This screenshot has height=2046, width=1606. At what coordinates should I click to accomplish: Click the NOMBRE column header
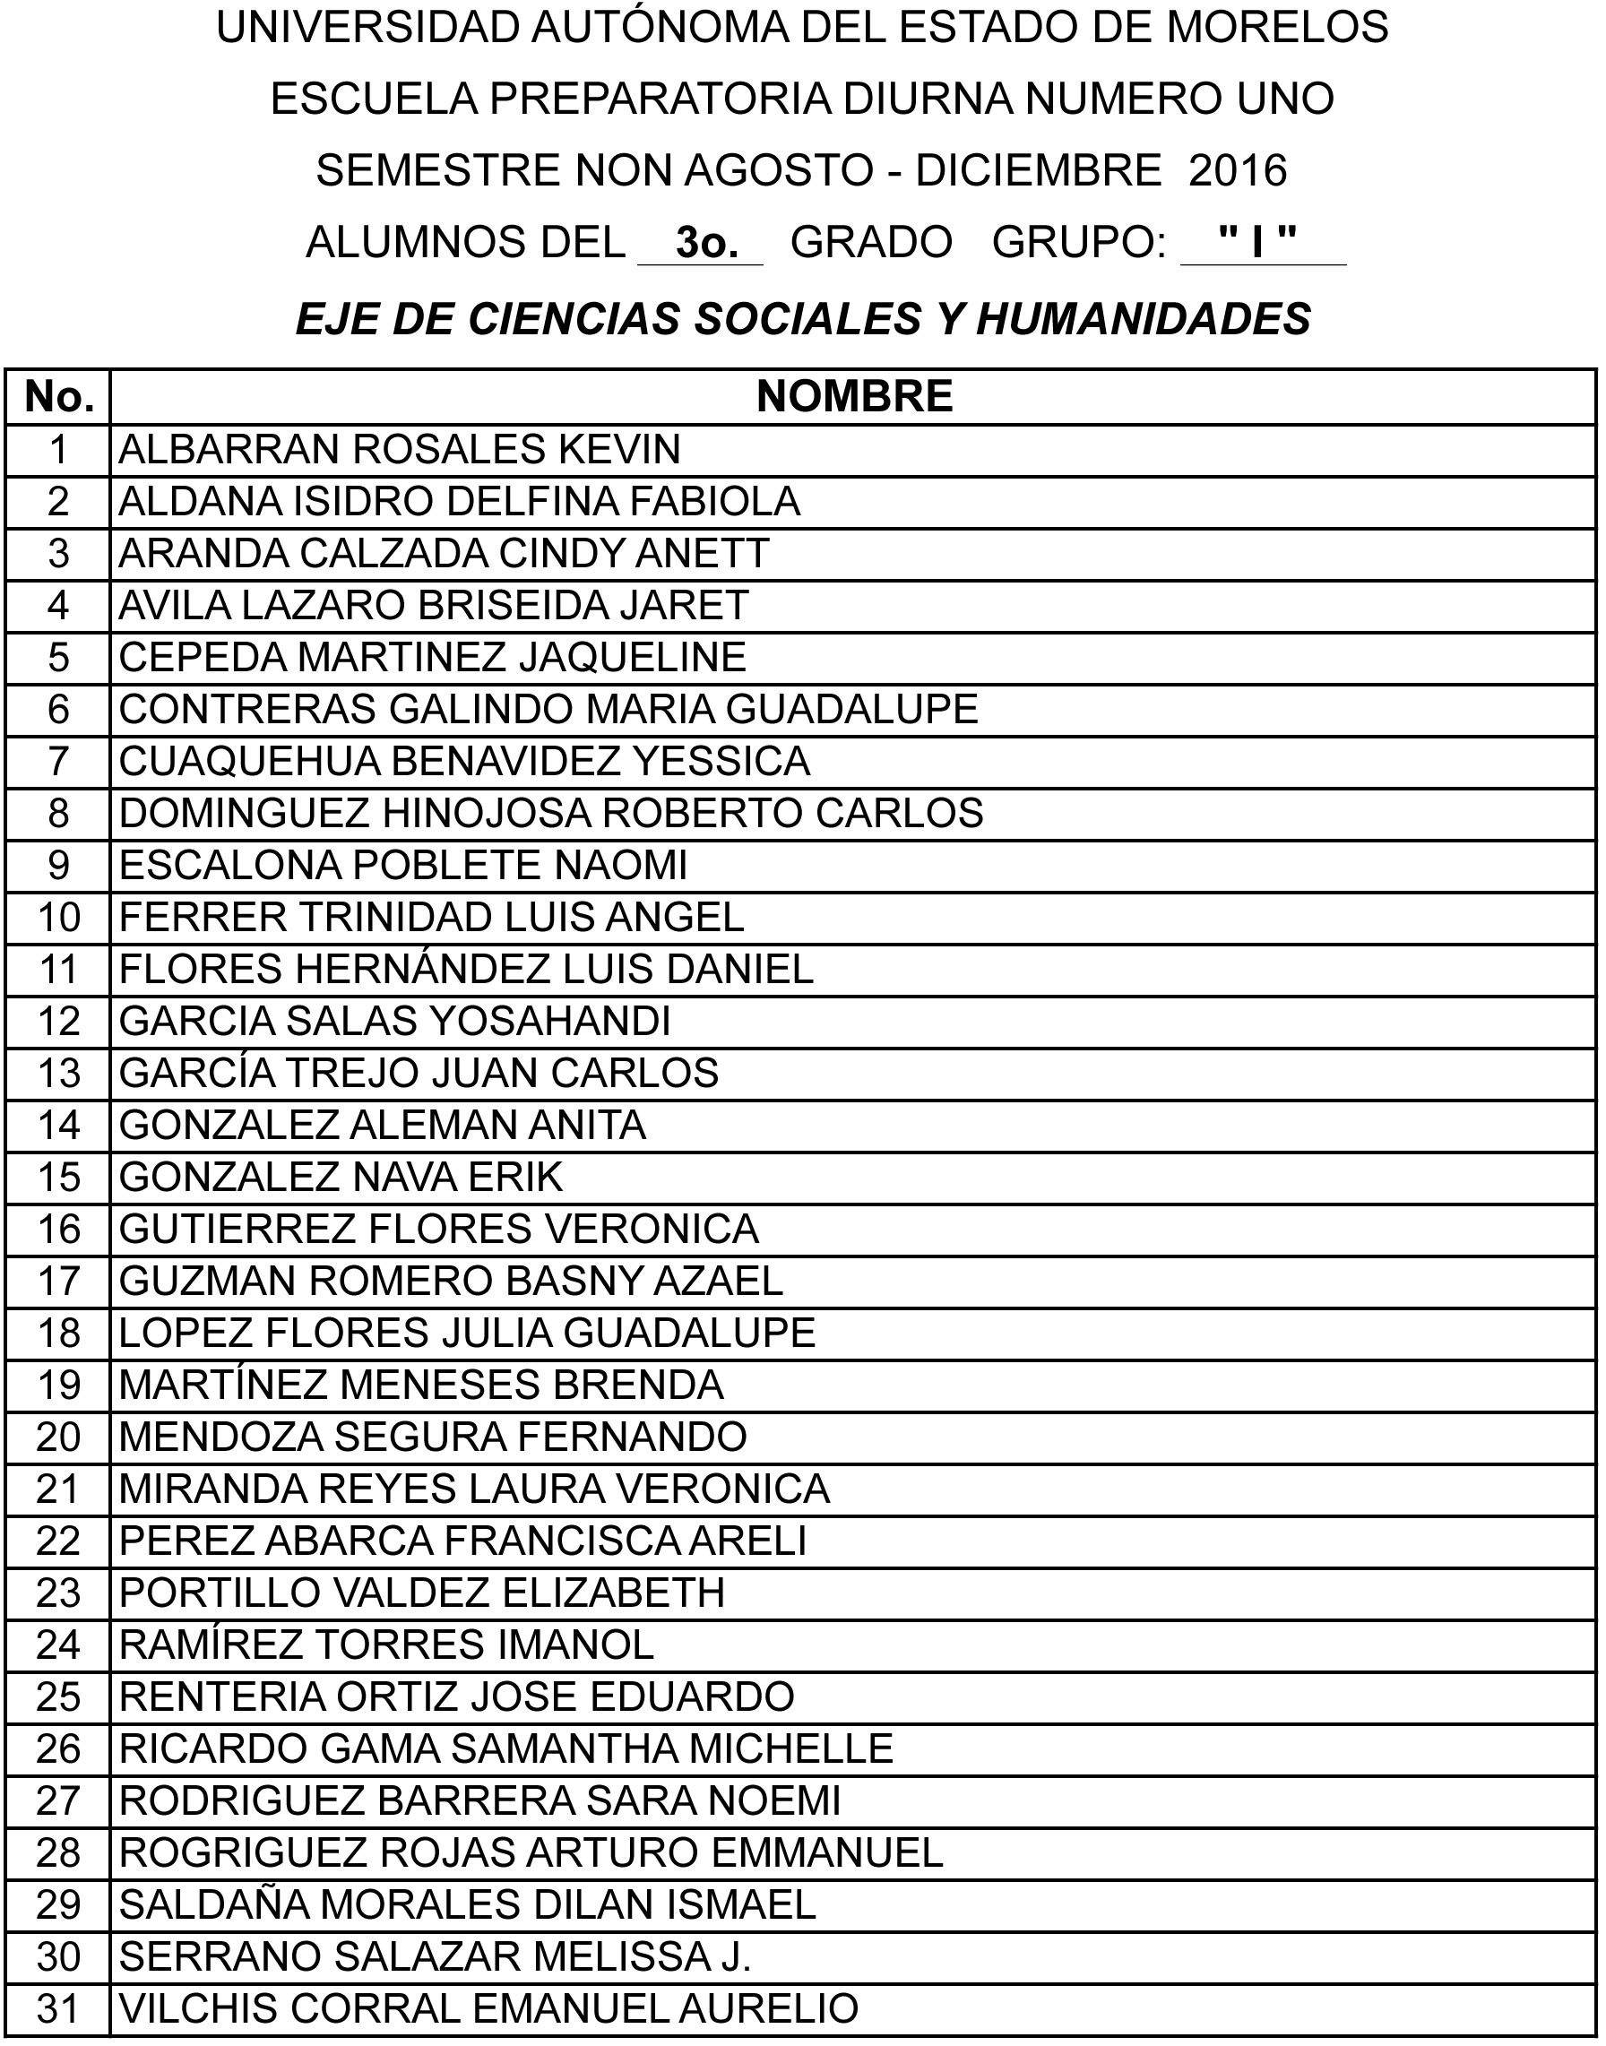point(854,397)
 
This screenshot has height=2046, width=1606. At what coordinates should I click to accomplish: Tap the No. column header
point(58,397)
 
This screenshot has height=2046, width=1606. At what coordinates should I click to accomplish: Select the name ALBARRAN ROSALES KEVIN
point(400,450)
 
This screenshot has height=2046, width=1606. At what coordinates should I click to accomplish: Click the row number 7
point(58,761)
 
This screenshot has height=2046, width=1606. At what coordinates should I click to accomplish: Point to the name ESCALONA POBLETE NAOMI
point(403,865)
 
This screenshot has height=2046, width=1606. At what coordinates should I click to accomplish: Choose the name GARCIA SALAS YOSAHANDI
point(395,1021)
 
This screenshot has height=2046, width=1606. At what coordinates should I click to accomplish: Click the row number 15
point(58,1178)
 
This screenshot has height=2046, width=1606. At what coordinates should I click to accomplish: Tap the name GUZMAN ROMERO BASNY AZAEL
point(452,1281)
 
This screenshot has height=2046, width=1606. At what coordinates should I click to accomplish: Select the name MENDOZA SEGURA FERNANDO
point(434,1437)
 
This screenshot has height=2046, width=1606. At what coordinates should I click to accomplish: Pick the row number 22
point(58,1541)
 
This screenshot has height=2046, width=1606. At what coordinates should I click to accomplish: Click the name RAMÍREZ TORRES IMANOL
point(386,1645)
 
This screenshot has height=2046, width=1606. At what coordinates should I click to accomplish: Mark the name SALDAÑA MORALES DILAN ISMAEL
point(467,1905)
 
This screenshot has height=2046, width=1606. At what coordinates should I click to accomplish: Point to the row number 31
point(58,2008)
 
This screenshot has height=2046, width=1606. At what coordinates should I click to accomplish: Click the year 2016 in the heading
point(1238,171)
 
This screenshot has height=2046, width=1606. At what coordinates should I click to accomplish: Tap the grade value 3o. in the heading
point(700,244)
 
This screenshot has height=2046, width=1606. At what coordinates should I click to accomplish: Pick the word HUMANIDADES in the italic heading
point(1144,320)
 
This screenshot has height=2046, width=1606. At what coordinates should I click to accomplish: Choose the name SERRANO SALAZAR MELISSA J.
point(436,1956)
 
